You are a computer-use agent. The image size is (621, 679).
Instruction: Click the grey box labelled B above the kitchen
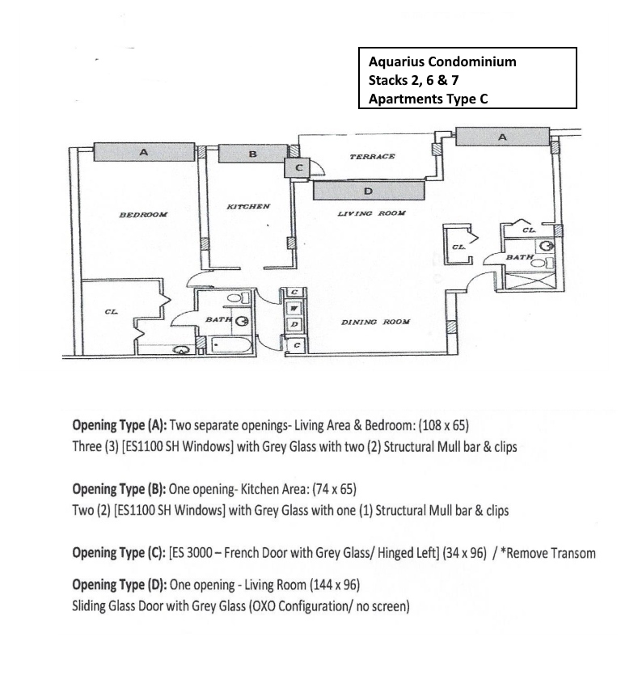click(x=253, y=154)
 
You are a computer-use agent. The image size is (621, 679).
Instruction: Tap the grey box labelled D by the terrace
click(x=369, y=191)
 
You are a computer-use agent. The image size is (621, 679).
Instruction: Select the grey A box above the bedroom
click(x=144, y=152)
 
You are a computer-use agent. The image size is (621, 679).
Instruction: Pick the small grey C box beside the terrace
click(x=297, y=167)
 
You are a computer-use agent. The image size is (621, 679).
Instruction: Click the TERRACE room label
click(x=373, y=156)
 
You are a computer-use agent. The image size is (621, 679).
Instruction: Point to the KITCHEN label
click(x=248, y=207)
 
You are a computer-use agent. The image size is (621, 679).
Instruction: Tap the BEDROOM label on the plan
click(x=143, y=214)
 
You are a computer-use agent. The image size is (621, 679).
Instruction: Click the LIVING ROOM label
click(x=372, y=213)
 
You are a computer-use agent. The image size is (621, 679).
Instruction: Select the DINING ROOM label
click(x=375, y=322)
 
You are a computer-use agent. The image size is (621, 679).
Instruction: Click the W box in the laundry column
click(x=294, y=308)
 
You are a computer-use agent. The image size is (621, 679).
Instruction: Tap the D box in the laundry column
click(x=294, y=323)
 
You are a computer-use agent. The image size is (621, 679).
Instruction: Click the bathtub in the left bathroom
click(x=230, y=345)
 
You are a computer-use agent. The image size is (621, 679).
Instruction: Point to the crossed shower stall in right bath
click(x=530, y=280)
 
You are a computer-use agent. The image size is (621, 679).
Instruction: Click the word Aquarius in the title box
click(x=395, y=61)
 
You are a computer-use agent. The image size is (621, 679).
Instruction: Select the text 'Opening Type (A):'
click(x=120, y=426)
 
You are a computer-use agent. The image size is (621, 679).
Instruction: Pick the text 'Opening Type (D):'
click(x=120, y=585)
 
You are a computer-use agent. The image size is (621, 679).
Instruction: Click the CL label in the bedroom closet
click(x=111, y=312)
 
